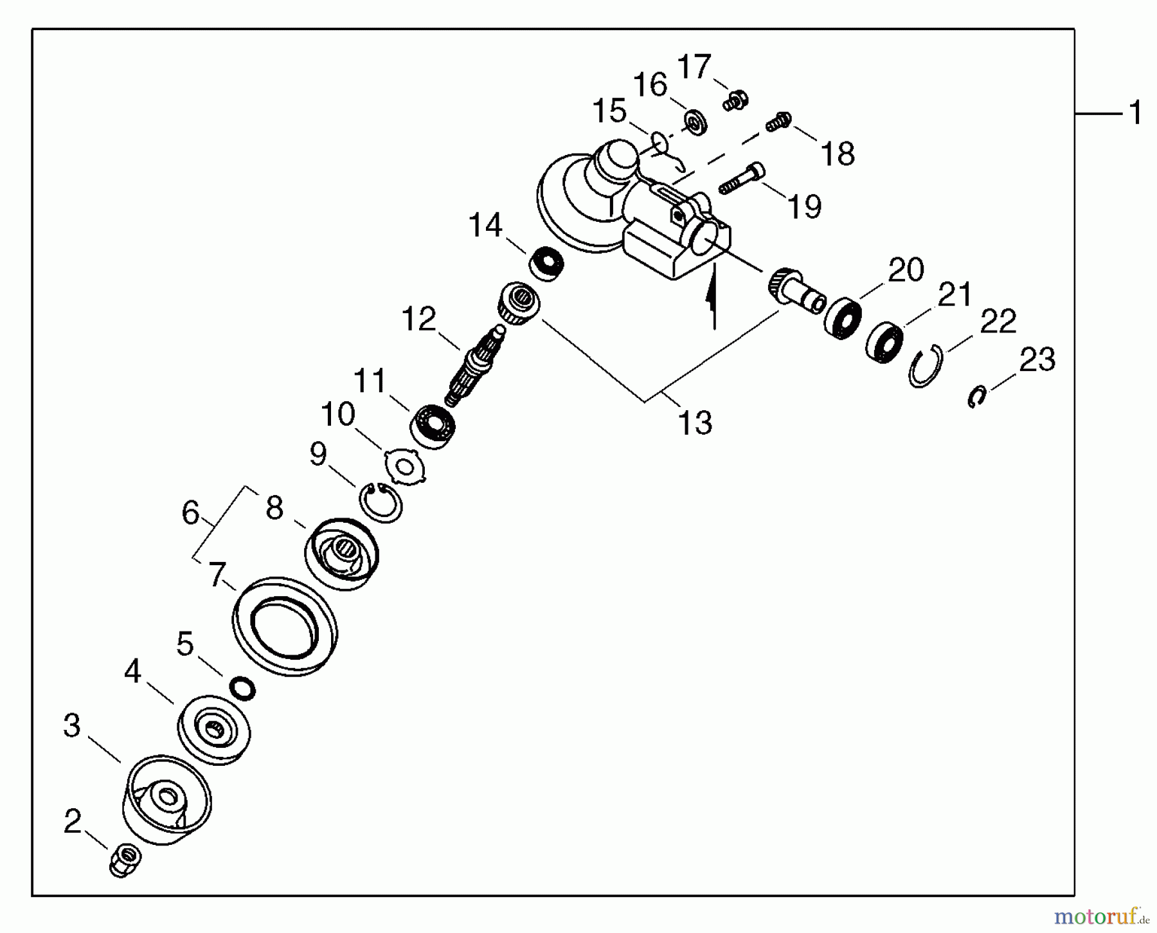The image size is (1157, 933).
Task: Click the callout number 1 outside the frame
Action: pos(1135,113)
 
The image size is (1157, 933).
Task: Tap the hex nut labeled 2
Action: pos(125,859)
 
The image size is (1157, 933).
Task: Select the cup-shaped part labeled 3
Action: pos(166,799)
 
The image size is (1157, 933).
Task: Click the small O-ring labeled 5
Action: pos(242,689)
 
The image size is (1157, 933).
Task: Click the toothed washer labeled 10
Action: pos(405,466)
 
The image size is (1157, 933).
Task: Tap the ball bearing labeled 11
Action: pos(433,426)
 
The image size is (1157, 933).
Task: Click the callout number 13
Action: pos(695,423)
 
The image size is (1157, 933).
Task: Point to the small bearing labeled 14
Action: pos(546,264)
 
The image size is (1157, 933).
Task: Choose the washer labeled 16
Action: pos(695,123)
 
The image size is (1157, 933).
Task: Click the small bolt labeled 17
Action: pos(735,100)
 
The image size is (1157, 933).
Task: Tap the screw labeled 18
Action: pos(778,122)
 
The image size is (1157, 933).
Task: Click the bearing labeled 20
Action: pos(843,318)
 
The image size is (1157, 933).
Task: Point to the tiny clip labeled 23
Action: pos(976,397)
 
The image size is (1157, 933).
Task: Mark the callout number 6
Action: pos(190,513)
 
